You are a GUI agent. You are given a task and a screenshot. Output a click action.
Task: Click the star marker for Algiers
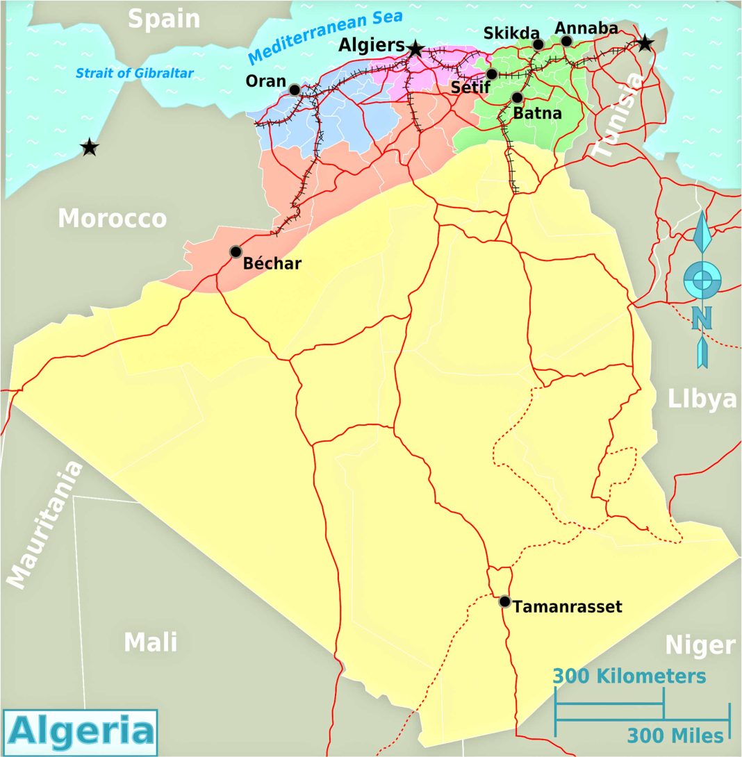[415, 49]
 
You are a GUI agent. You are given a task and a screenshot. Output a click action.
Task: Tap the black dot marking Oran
[295, 90]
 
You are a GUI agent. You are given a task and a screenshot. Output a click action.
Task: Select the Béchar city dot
[236, 251]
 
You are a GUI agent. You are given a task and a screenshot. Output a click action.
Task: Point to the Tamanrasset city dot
[505, 601]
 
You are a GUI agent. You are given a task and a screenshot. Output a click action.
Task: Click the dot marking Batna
[517, 97]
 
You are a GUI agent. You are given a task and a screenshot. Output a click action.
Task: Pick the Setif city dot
[492, 74]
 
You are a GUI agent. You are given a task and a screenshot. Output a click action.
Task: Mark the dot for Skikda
[538, 44]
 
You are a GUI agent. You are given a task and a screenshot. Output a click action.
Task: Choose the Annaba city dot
[566, 41]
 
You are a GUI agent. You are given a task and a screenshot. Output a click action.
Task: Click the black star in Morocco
[89, 147]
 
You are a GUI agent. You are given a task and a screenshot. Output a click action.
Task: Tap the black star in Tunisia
[645, 43]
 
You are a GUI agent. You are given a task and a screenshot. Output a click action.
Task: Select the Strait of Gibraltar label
[135, 72]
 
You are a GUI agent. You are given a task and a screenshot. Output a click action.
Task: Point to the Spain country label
[164, 19]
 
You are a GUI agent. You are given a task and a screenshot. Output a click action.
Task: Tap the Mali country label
[151, 642]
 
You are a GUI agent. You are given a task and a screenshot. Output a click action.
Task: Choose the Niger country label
[700, 645]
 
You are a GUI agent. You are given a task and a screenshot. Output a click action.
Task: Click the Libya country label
[702, 399]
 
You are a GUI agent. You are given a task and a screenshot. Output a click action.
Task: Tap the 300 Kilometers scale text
[629, 676]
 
